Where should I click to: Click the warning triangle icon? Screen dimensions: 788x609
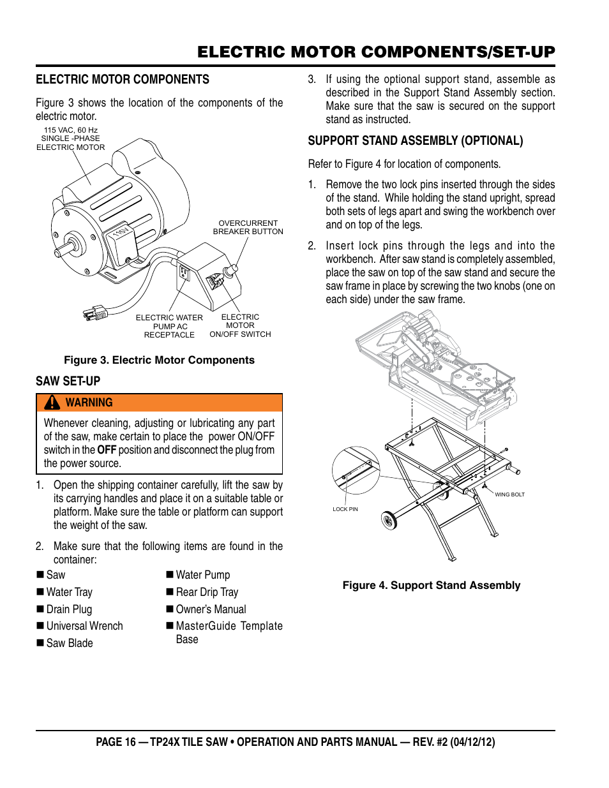(52, 403)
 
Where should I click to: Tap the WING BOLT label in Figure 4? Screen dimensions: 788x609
(509, 494)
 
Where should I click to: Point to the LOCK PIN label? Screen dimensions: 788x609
(345, 509)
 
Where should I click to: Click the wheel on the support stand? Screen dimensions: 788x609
(389, 521)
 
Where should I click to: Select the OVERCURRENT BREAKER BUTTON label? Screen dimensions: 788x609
(248, 228)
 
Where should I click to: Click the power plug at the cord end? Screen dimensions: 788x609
(95, 313)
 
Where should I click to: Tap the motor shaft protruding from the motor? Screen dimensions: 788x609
(64, 248)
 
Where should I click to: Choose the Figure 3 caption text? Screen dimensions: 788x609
(159, 360)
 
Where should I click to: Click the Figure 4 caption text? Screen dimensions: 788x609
(432, 585)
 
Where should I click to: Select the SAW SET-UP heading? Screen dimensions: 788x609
(68, 381)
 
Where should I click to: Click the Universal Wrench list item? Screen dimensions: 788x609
(84, 626)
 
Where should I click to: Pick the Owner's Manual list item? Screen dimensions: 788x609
(211, 609)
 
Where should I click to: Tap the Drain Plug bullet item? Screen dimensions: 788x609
(69, 609)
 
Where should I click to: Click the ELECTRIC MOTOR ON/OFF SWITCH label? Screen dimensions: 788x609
(240, 325)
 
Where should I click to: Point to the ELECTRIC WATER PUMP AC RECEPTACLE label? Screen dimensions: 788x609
(169, 326)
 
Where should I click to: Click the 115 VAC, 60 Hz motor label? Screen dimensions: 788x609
(71, 138)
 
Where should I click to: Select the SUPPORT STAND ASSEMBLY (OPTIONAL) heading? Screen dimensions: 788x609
(416, 140)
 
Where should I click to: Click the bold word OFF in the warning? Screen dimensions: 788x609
(107, 450)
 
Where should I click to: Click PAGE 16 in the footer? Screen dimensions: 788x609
(116, 741)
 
